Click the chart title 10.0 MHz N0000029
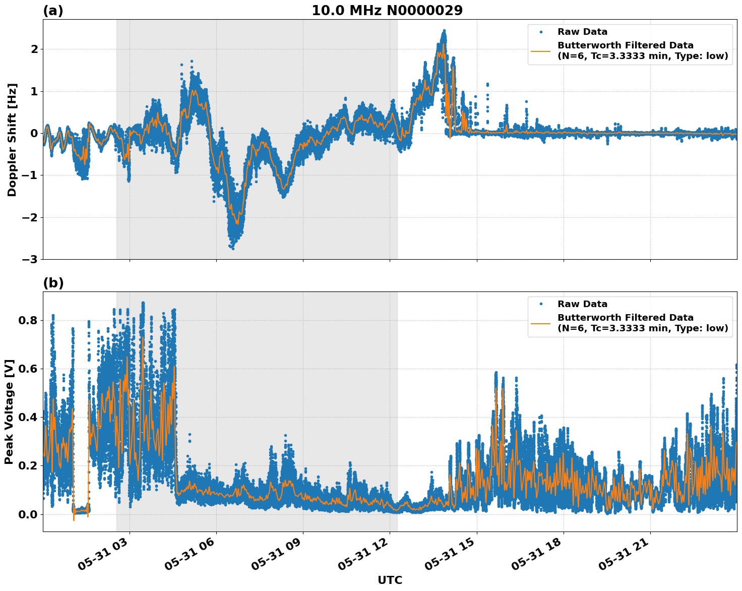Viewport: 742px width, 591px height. pyautogui.click(x=387, y=11)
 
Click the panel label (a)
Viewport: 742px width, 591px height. pyautogui.click(x=53, y=11)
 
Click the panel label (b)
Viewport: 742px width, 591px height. pyautogui.click(x=53, y=283)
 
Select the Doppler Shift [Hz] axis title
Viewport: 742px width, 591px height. pyautogui.click(x=12, y=140)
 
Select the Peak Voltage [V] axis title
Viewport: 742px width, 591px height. pyautogui.click(x=9, y=411)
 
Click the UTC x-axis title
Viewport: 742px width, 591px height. pyautogui.click(x=390, y=580)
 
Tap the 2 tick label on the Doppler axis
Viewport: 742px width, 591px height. pyautogui.click(x=35, y=49)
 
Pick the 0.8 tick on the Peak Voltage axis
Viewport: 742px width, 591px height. pyautogui.click(x=29, y=321)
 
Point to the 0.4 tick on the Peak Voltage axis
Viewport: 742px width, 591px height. pyautogui.click(x=29, y=418)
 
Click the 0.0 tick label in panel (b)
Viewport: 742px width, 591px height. pyautogui.click(x=29, y=514)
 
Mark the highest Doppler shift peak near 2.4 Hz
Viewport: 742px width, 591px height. pyautogui.click(x=444, y=31)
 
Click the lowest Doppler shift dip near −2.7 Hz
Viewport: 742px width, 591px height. pyautogui.click(x=232, y=248)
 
